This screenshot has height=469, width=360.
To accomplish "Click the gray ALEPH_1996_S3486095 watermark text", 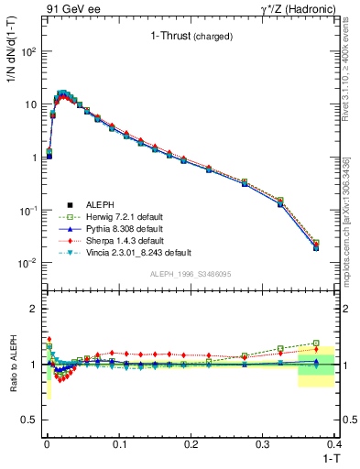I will click(x=189, y=274).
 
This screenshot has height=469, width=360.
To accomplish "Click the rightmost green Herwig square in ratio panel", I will click(x=316, y=343).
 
